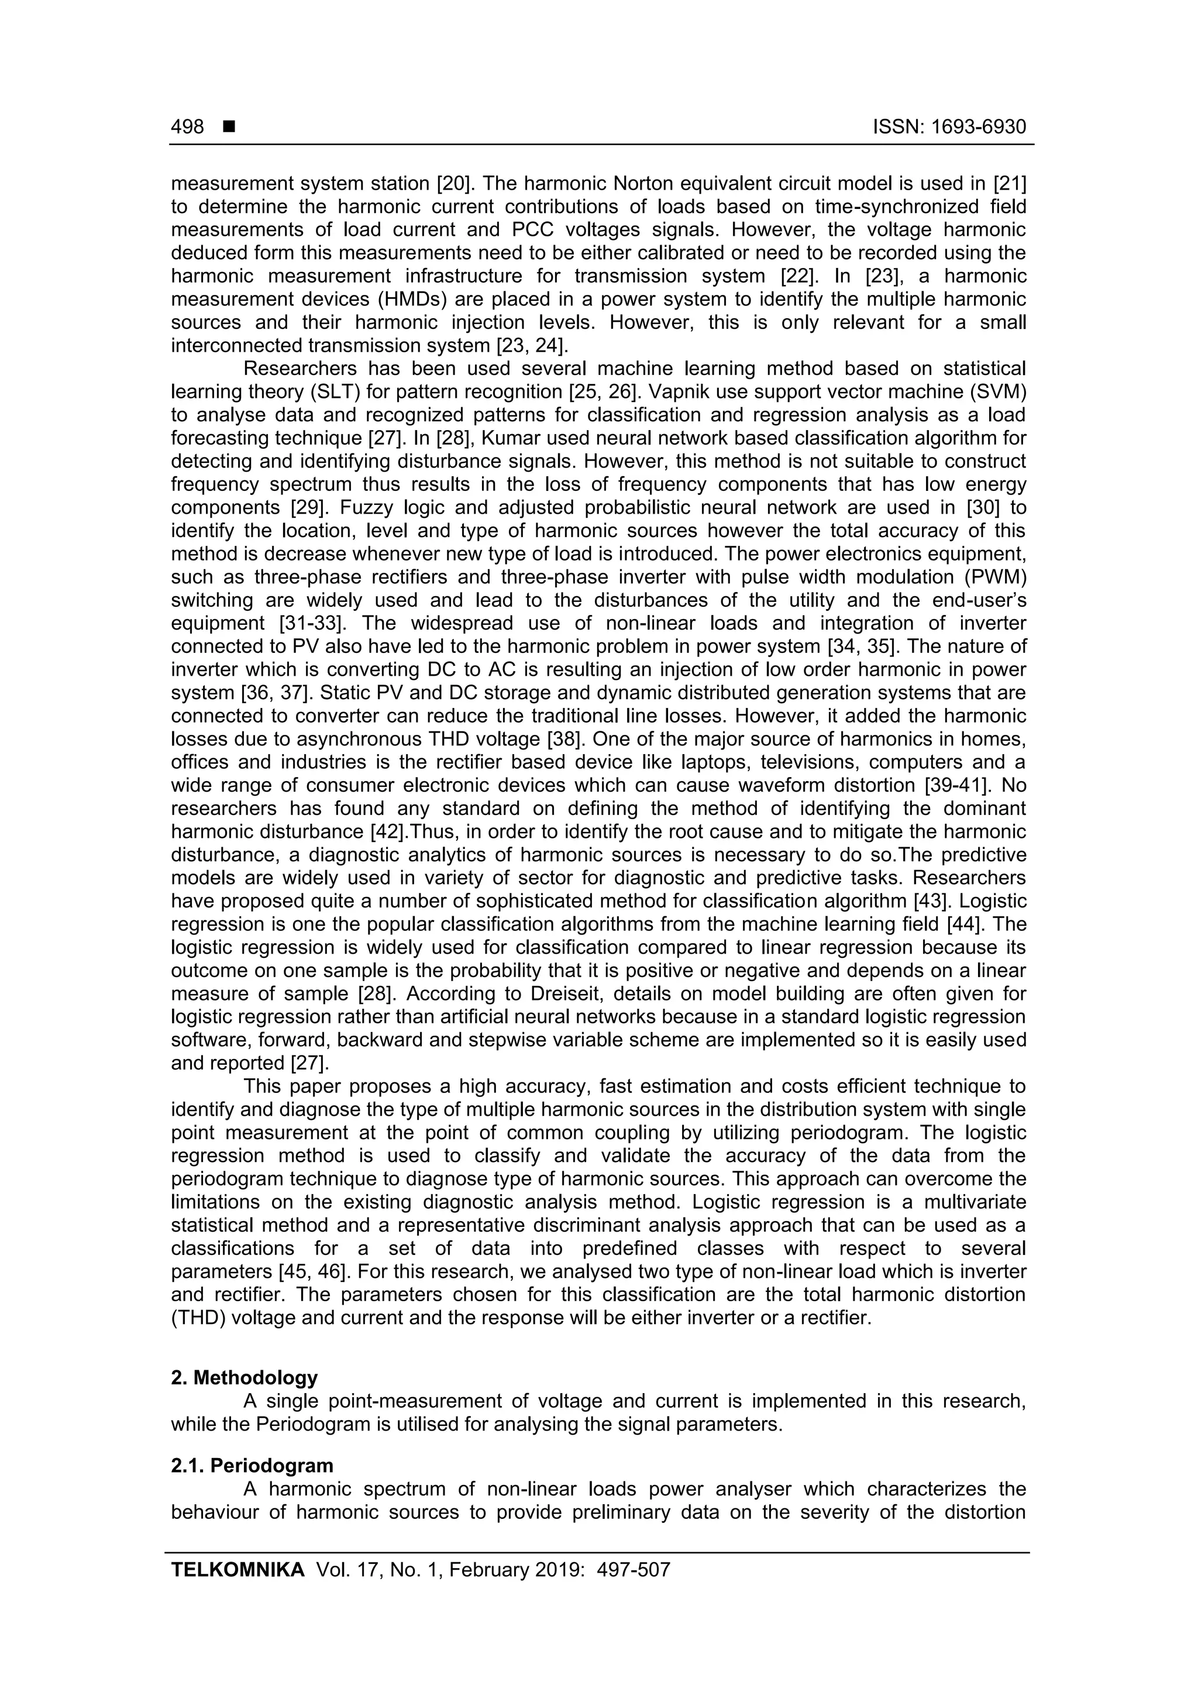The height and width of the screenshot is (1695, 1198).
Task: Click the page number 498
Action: click(x=188, y=127)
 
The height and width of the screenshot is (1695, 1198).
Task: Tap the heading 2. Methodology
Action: click(x=245, y=1377)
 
